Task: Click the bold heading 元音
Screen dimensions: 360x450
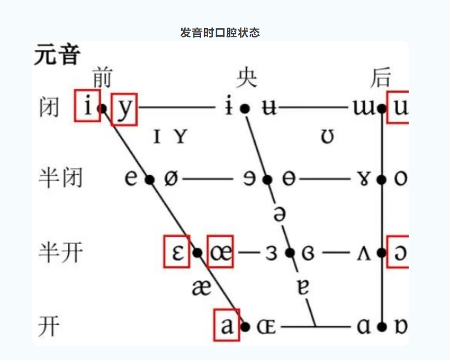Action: click(57, 55)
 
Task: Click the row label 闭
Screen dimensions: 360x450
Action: click(49, 108)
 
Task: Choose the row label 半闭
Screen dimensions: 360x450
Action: click(60, 179)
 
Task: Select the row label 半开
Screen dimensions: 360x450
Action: click(60, 252)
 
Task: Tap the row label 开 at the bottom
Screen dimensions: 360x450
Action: click(49, 326)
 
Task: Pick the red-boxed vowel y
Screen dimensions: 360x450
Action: click(124, 109)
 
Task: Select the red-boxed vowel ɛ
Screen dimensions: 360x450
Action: click(177, 252)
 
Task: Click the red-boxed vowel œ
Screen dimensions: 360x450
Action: click(220, 252)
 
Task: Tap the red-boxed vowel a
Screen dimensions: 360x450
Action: click(227, 325)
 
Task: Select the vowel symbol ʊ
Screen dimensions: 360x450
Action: click(328, 137)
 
